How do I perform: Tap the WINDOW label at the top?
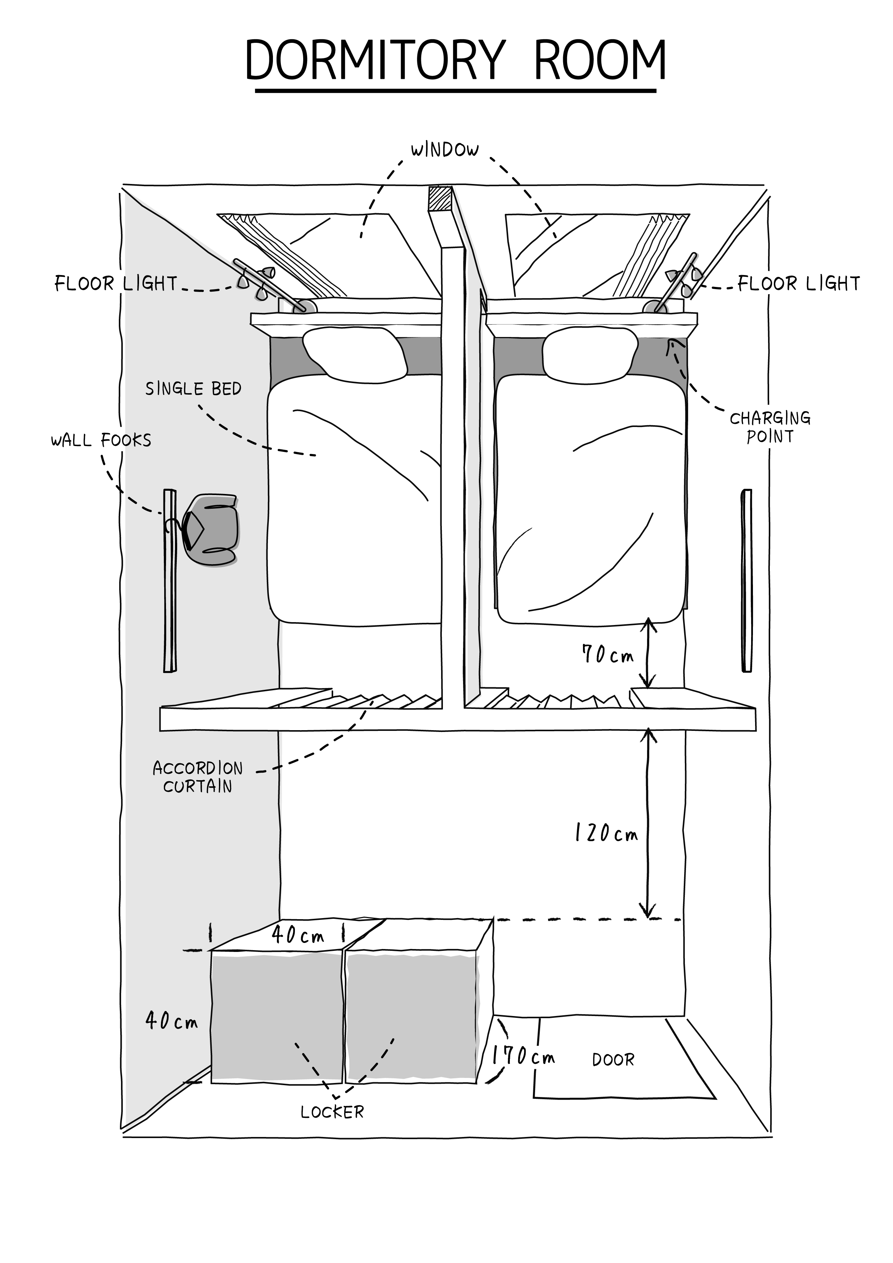pos(445,150)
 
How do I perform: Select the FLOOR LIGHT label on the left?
pos(116,284)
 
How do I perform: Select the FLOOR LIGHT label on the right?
pos(798,284)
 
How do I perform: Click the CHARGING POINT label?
pos(770,427)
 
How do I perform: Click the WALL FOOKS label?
pos(101,440)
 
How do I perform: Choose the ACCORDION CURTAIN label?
pos(198,777)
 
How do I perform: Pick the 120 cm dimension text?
pos(606,833)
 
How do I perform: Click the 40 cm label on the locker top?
pos(298,935)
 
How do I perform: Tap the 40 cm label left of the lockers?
pos(171,1020)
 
